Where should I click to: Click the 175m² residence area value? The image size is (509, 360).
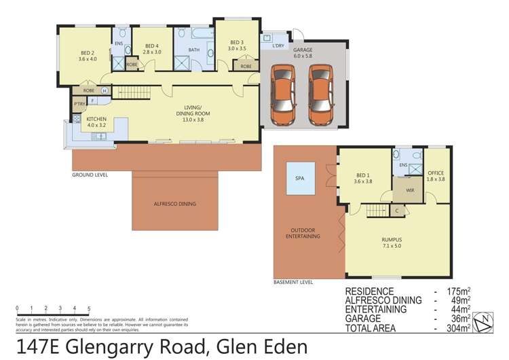(x=457, y=291)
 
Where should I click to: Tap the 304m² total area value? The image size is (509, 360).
(x=457, y=328)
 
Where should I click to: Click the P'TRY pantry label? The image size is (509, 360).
(x=79, y=105)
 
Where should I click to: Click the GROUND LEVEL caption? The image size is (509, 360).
(x=90, y=175)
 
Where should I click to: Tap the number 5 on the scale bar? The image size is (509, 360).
(x=88, y=308)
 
